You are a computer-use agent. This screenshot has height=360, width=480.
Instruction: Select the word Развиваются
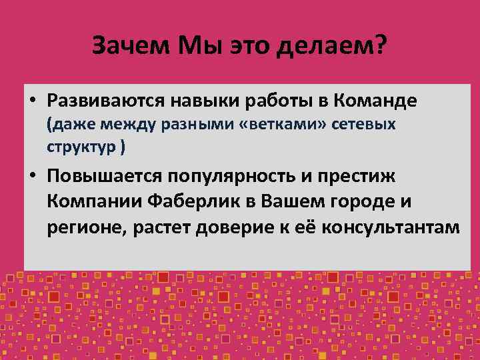pos(109,101)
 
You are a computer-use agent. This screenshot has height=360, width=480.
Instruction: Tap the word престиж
pos(363,177)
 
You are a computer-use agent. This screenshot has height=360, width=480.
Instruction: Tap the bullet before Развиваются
pos(32,102)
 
